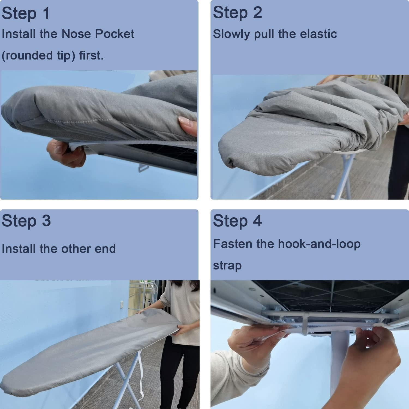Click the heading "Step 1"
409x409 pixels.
[26, 13]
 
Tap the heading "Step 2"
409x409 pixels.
[237, 13]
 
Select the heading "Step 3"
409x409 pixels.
[26, 221]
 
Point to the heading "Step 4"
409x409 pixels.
[237, 221]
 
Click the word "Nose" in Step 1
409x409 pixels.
[77, 34]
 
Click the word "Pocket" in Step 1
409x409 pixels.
[115, 34]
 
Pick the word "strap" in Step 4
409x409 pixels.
[227, 265]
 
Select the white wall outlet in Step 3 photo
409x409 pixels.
[122, 303]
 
